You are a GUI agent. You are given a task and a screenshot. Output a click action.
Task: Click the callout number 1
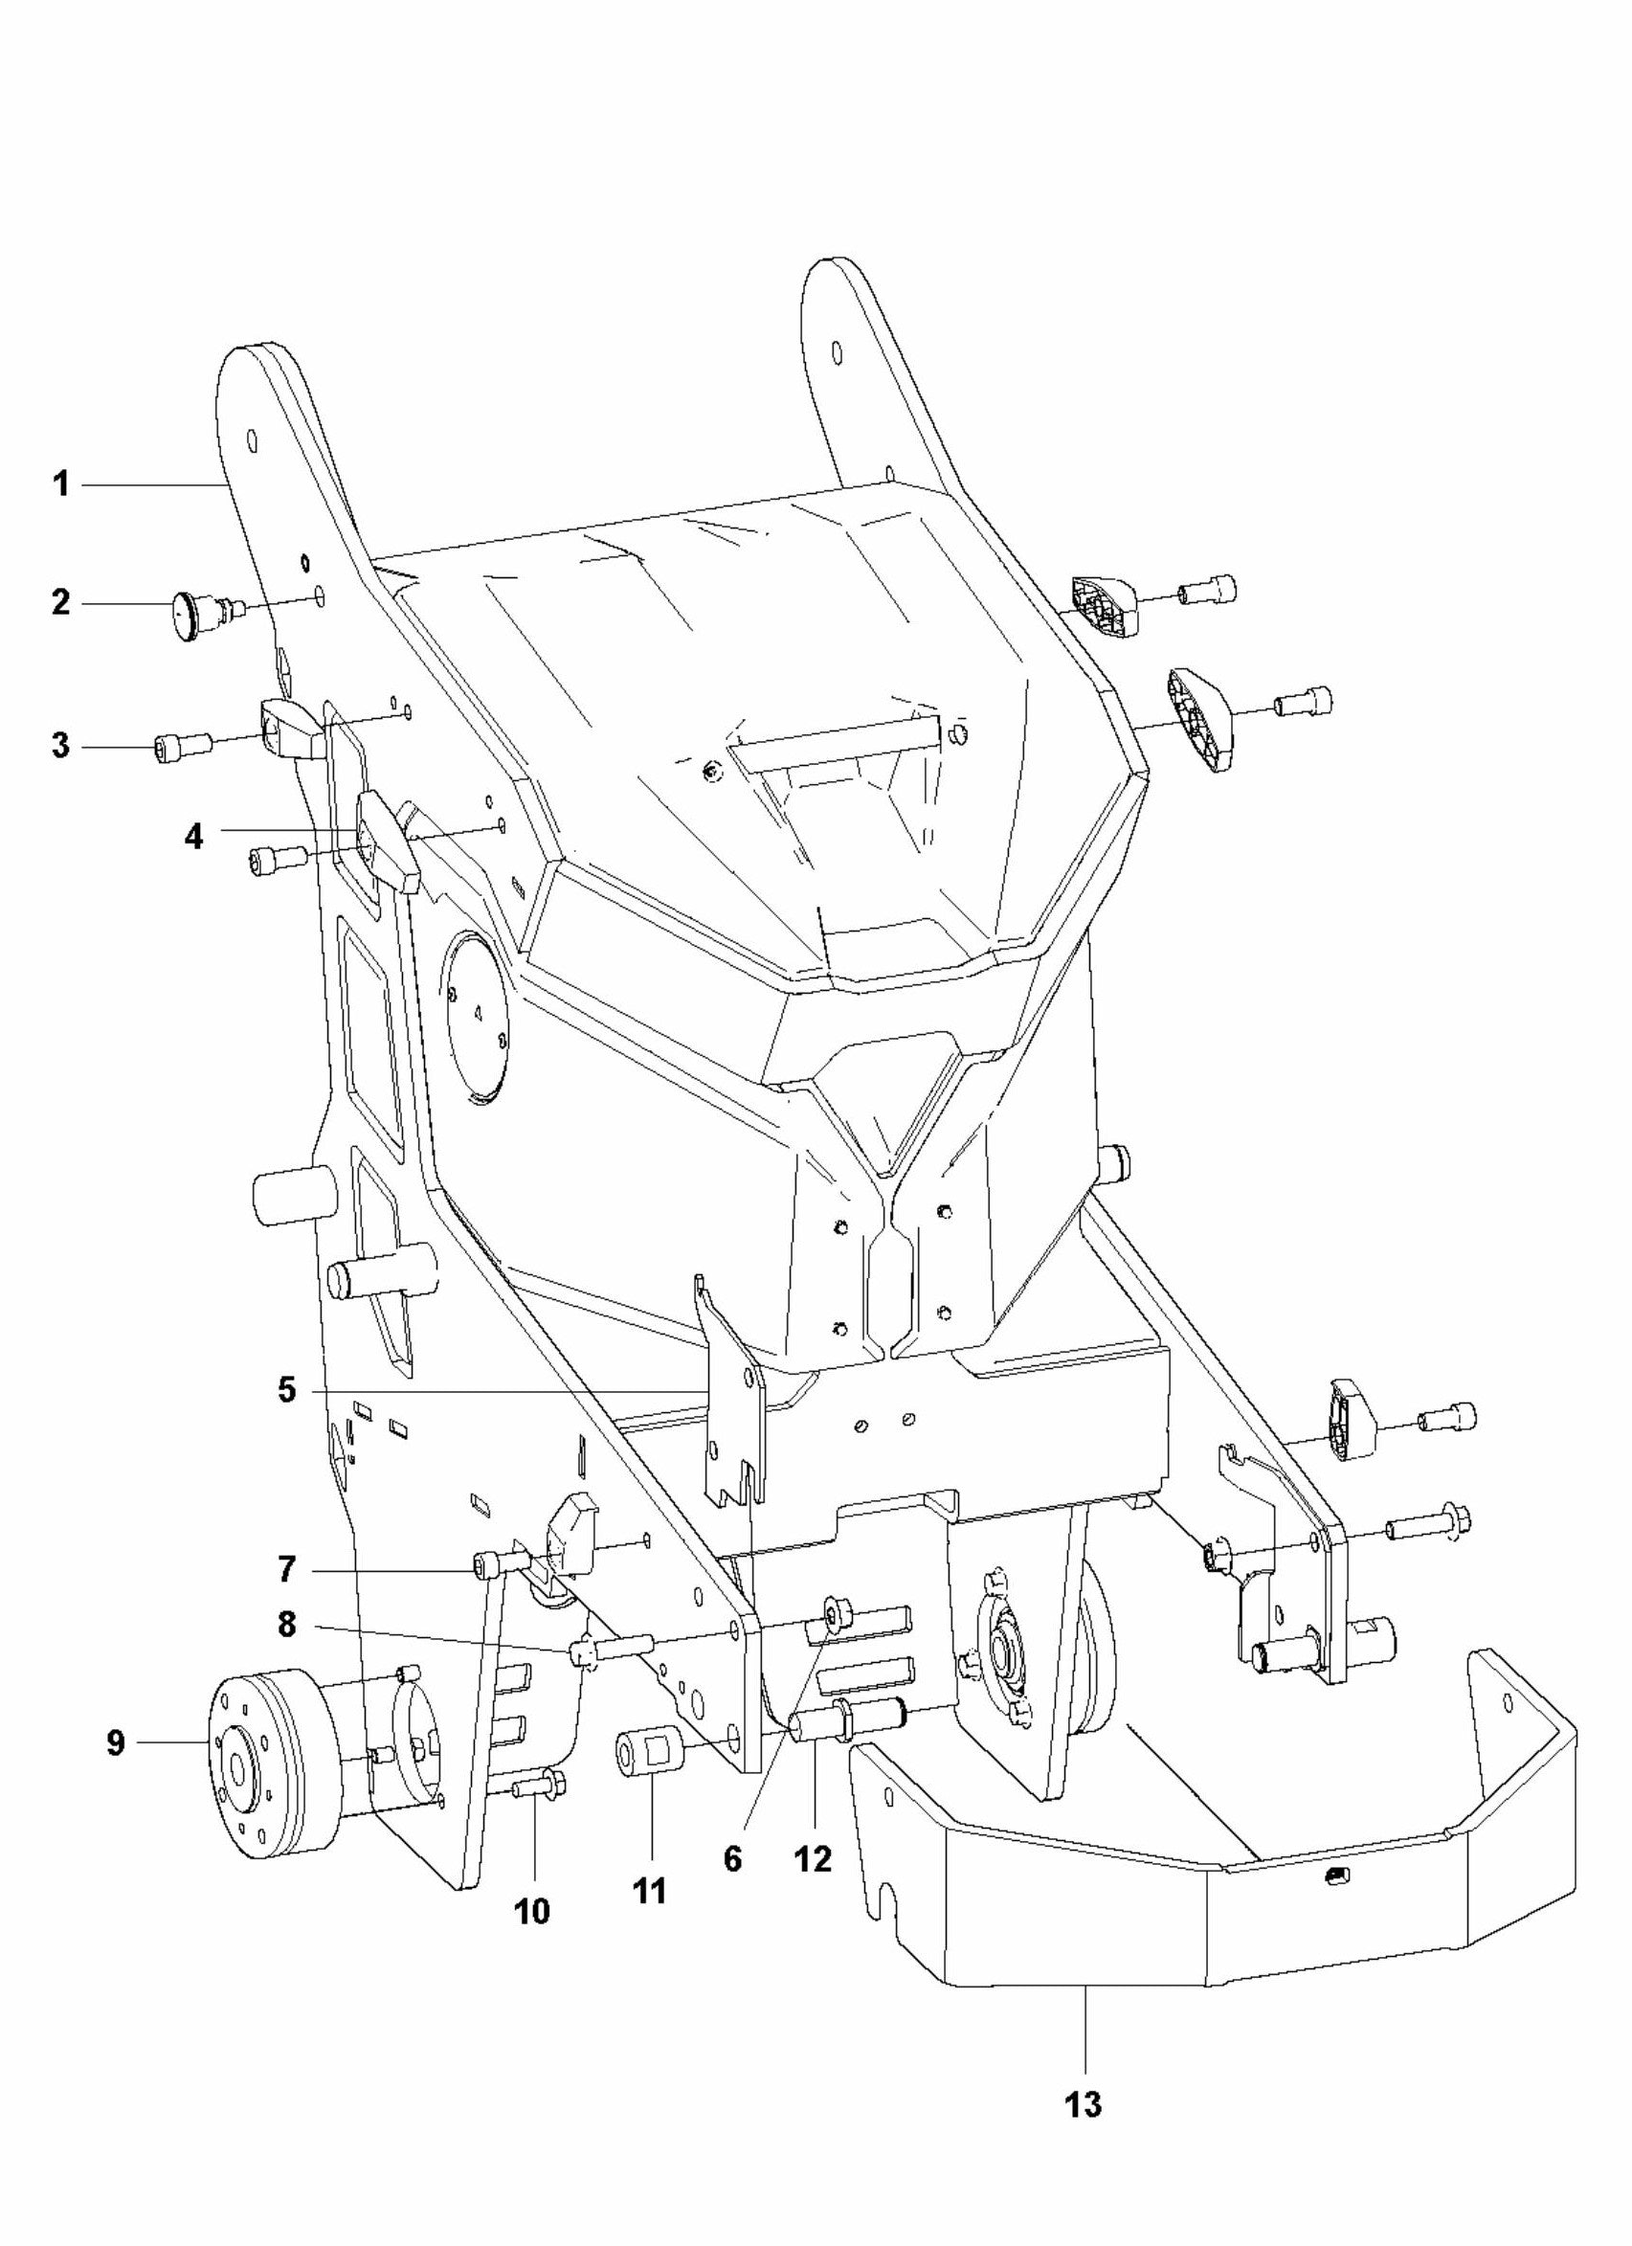pyautogui.click(x=61, y=484)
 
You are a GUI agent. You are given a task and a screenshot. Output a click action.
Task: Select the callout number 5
pyautogui.click(x=285, y=1389)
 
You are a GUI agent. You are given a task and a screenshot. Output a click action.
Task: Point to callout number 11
pyautogui.click(x=650, y=1892)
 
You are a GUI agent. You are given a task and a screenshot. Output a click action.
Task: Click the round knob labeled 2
pyautogui.click(x=190, y=604)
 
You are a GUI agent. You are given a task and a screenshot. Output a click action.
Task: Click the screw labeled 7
pyautogui.click(x=495, y=1563)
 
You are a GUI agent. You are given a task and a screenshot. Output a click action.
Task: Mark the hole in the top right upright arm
pyautogui.click(x=837, y=352)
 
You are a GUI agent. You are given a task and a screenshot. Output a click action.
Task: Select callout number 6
pyautogui.click(x=732, y=1860)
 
